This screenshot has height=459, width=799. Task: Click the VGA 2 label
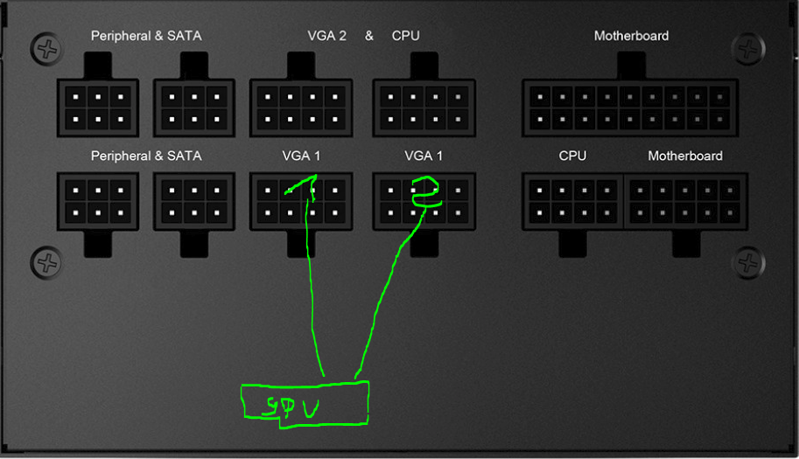tap(326, 36)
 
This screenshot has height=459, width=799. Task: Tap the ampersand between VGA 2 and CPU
tap(369, 36)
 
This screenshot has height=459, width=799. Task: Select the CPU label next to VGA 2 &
tap(405, 36)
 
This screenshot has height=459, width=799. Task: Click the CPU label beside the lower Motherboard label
tap(572, 156)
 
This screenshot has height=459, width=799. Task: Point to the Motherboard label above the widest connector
tap(631, 36)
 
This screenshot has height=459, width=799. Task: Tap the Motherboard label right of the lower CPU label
tap(685, 156)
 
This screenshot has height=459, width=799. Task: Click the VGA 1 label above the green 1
tap(301, 156)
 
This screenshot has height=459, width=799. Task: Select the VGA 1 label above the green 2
tap(424, 156)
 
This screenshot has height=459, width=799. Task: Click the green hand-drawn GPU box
tap(305, 404)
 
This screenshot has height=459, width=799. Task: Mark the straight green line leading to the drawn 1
tap(312, 289)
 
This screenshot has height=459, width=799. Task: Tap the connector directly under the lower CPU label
tap(572, 201)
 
